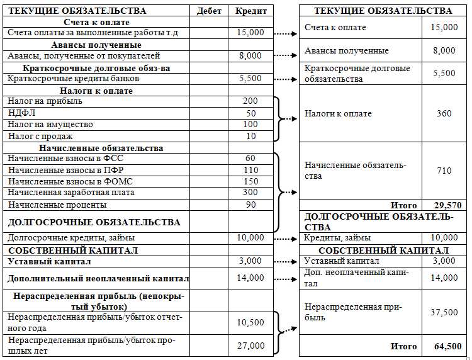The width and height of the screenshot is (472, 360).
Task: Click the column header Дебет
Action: [209, 11]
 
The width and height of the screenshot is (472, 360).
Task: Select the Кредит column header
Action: [250, 11]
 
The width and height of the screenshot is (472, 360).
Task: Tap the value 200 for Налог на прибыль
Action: [250, 101]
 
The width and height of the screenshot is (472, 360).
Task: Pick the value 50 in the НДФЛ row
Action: [250, 113]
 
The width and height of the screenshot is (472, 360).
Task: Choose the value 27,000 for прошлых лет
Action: [250, 346]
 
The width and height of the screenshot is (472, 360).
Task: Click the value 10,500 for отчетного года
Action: [250, 322]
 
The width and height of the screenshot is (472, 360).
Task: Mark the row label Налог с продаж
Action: [40, 136]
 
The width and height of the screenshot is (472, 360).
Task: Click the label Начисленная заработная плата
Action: [70, 193]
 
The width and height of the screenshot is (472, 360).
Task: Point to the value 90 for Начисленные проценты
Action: [250, 205]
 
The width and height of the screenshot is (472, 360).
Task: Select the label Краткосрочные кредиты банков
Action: [73, 79]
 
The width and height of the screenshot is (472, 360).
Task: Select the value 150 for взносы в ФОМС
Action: [250, 181]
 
